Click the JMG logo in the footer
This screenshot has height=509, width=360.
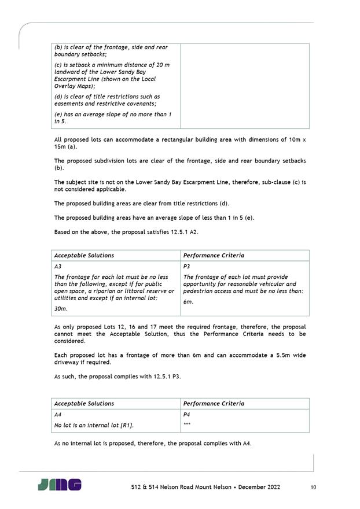[x=60, y=485]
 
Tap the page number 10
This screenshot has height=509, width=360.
[x=313, y=488]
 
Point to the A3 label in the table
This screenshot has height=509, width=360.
[x=58, y=266]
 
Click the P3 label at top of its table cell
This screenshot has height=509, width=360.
[x=186, y=266]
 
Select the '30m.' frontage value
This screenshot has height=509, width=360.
[x=60, y=309]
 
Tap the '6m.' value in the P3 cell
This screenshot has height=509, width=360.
[x=188, y=301]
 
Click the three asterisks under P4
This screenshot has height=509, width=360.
[x=187, y=425]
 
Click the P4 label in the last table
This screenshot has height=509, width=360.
[x=186, y=414]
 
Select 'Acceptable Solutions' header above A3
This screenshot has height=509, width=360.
[x=84, y=255]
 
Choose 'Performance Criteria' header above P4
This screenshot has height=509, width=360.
[x=214, y=403]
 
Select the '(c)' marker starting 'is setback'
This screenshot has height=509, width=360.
[x=58, y=65]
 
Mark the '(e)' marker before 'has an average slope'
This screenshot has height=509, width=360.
[x=58, y=115]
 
